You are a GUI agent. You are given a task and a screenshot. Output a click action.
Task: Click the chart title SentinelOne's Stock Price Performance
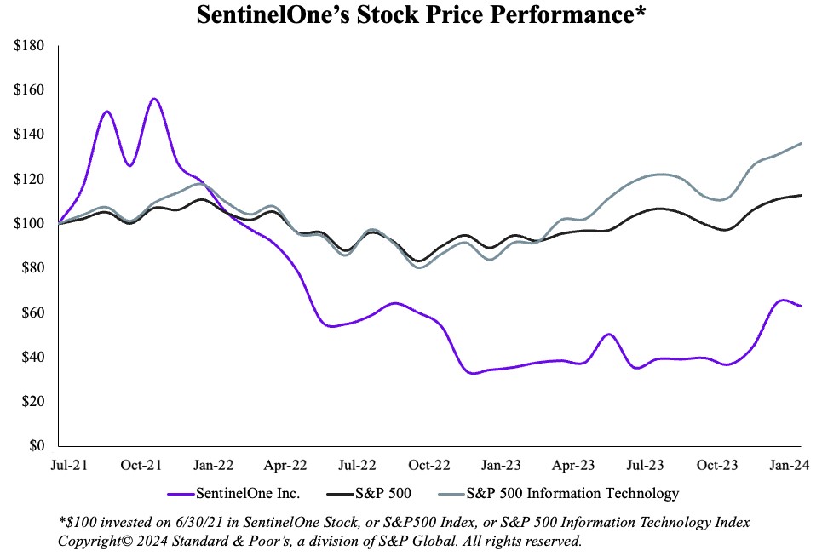(x=411, y=15)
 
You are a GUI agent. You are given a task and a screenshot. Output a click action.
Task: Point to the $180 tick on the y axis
(x=31, y=46)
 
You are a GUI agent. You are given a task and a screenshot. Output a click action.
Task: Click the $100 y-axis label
(x=31, y=224)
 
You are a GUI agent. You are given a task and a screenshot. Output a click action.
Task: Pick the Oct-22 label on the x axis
(x=429, y=465)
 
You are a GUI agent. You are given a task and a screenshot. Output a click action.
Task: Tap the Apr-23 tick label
(x=574, y=465)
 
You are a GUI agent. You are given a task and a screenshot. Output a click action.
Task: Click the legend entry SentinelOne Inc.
(x=238, y=493)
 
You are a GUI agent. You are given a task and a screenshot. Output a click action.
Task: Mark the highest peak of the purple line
(x=154, y=99)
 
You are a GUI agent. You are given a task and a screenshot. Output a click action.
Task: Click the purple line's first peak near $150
(x=106, y=112)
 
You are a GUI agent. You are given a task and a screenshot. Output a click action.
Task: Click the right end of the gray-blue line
(x=801, y=143)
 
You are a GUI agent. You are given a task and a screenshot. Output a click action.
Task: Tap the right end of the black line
(x=801, y=195)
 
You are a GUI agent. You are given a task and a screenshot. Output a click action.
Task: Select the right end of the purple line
(x=801, y=306)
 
